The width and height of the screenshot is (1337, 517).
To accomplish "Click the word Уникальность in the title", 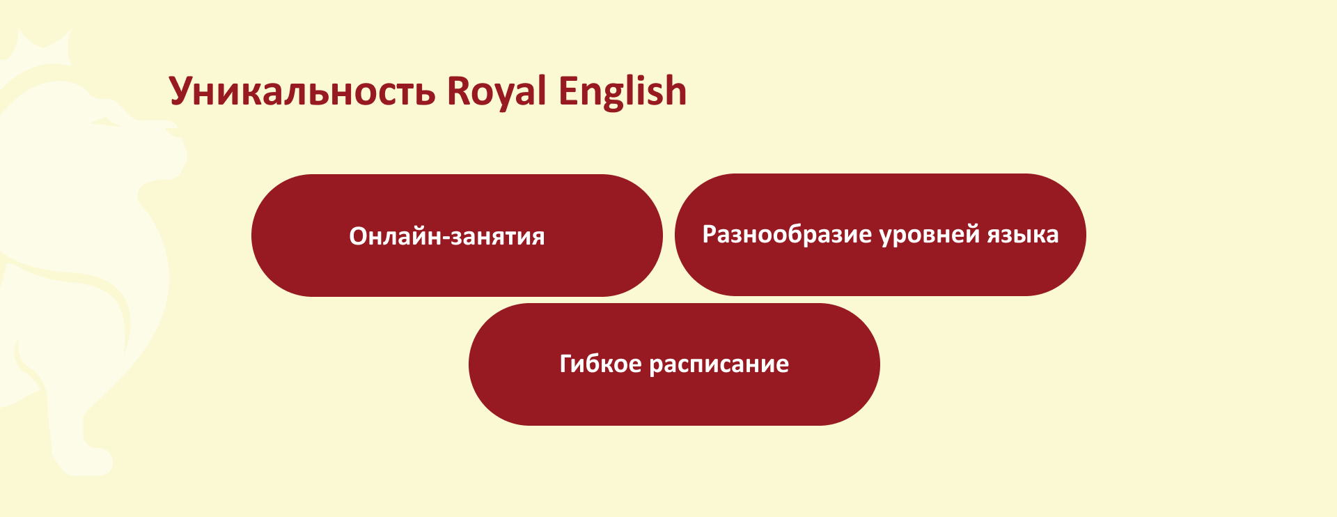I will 302,91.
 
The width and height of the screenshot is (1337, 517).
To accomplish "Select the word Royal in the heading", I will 497,91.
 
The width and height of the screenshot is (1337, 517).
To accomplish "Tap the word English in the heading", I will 623,91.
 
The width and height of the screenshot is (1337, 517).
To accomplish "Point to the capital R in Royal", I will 458,91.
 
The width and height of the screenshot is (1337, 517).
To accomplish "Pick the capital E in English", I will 568,91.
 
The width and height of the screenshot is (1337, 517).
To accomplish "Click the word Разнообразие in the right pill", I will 787,234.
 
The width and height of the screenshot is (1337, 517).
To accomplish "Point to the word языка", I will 1023,235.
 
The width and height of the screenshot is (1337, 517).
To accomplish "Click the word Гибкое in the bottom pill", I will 601,364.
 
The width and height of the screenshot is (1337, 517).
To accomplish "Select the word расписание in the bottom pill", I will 719,364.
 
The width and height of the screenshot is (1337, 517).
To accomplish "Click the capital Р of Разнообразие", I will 710,233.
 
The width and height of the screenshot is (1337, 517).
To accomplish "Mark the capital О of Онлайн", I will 358,236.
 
